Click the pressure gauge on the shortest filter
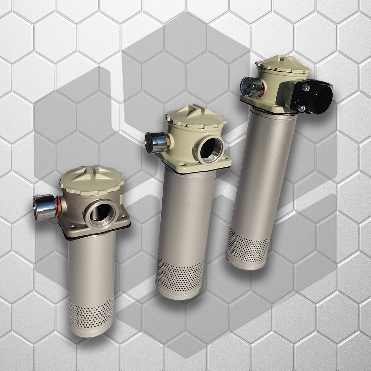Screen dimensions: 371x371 click(44, 207)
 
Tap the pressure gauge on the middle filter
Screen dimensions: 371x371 click(155, 142)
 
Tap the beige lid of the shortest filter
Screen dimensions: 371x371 click(92, 179)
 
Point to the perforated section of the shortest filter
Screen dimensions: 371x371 click(91, 311)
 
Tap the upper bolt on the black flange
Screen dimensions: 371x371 click(306, 88)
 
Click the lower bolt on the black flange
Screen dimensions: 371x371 click(302, 108)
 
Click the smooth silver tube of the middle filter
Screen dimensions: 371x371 click(187, 214)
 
